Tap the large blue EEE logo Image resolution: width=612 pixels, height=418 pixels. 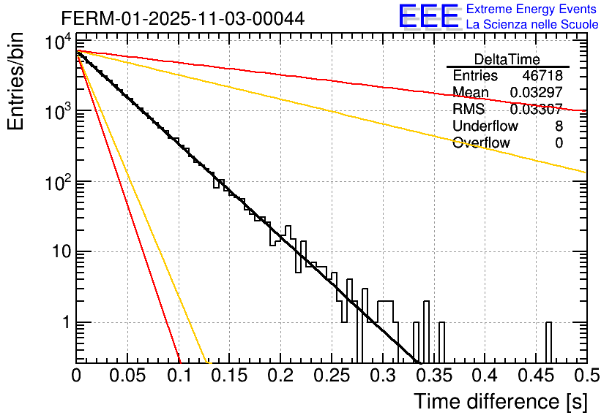(x=428, y=17)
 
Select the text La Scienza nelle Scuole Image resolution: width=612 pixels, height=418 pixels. (x=532, y=24)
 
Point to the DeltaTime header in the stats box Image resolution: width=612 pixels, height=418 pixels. (x=507, y=59)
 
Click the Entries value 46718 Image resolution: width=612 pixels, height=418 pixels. (x=542, y=76)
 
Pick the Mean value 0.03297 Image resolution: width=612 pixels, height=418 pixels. (x=536, y=93)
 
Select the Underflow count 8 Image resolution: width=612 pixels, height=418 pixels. (x=559, y=126)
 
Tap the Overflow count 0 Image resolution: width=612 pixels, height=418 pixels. (x=559, y=143)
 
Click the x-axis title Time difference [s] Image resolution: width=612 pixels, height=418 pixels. (x=499, y=401)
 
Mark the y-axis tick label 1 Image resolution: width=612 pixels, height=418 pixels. (x=64, y=322)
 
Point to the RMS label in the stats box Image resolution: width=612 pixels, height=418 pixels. (x=469, y=110)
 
